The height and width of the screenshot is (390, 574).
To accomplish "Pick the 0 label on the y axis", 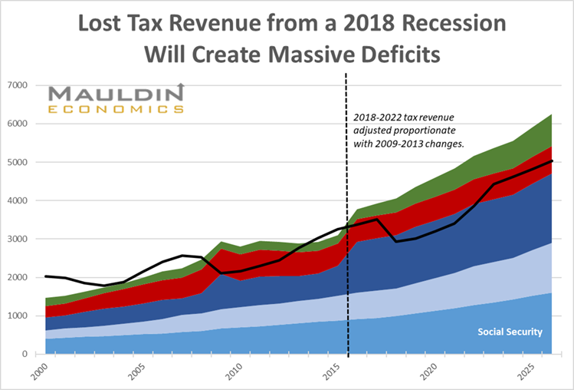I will click(26, 354).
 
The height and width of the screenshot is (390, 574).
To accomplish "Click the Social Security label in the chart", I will click(510, 332).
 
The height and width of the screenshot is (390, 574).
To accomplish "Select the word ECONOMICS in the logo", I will click(116, 109).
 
